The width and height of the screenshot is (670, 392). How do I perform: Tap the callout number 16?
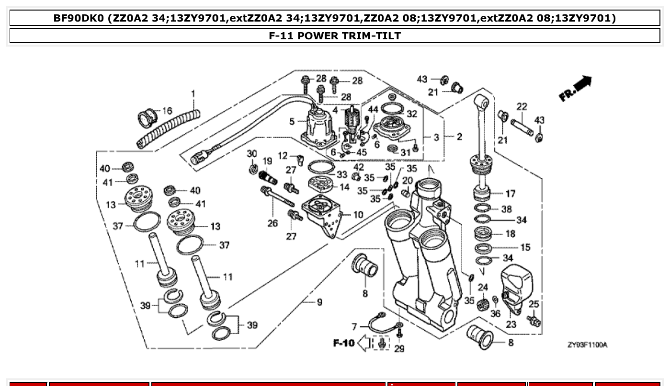tap(167, 111)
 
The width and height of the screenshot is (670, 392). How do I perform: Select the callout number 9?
tap(319, 302)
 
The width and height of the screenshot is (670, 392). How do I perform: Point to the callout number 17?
tap(511, 194)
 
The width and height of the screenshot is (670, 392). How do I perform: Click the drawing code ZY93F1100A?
tap(587, 345)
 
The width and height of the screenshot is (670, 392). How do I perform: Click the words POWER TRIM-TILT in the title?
tap(348, 35)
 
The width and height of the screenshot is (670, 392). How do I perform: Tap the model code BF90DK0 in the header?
tap(79, 18)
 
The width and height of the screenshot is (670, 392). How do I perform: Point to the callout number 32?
tap(412, 114)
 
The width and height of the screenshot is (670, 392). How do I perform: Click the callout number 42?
tap(359, 166)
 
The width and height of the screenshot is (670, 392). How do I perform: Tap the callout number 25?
tap(534, 304)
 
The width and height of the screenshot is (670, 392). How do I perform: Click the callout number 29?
tap(399, 349)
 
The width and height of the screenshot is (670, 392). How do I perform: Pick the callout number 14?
tap(344, 187)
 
